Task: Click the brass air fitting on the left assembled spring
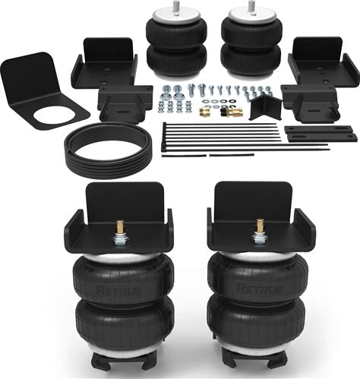point(119,226)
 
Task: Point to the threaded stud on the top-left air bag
point(174,5)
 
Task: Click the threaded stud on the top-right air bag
point(251,5)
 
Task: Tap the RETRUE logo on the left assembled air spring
point(119,290)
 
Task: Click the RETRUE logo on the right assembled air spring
point(259,289)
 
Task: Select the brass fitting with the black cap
point(232,112)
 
